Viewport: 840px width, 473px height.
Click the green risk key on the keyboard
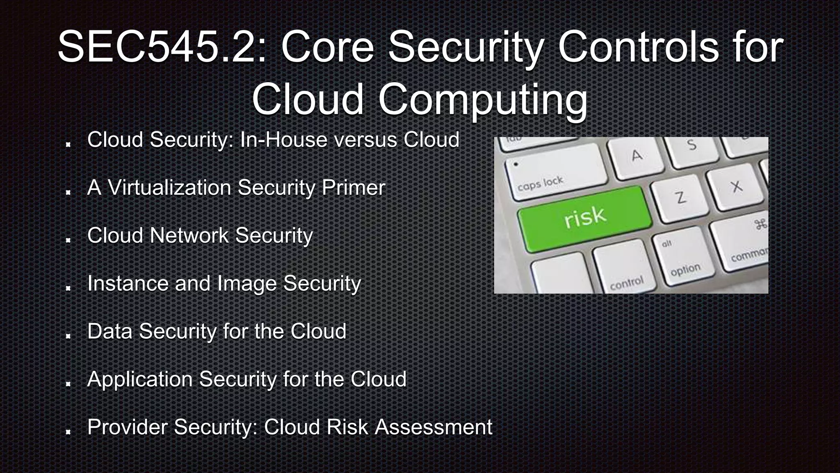[585, 218]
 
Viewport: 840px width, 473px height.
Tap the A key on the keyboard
[636, 156]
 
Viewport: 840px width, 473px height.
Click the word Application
[140, 379]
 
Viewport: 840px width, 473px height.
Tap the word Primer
[353, 188]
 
